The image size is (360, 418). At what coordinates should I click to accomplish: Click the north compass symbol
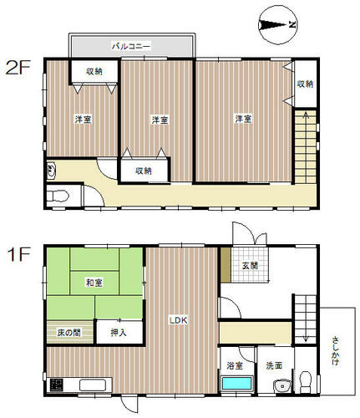coord(277,25)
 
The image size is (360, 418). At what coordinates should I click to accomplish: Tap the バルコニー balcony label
coord(131,46)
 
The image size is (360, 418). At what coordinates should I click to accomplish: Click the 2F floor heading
coord(18,68)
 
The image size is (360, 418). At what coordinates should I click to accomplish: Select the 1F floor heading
coord(18,254)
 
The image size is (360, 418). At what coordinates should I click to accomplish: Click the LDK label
coord(179,320)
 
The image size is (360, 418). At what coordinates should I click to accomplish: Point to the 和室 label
coord(94,283)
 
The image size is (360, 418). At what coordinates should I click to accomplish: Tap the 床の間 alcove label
coord(69,333)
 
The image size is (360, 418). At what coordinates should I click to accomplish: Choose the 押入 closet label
coord(119,332)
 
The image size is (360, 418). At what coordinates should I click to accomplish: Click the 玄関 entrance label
coord(250,265)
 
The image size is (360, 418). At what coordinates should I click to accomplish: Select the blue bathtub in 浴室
coord(237,384)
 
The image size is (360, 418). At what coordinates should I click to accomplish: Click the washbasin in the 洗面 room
coord(282,385)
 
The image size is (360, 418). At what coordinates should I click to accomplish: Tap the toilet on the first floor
coord(306,381)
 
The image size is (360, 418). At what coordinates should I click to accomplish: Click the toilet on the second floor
coord(58,196)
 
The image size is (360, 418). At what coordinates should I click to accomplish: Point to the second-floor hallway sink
coord(51,170)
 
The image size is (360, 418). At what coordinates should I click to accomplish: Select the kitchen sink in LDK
coord(93,385)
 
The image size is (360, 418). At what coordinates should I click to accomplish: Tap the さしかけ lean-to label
coord(336,351)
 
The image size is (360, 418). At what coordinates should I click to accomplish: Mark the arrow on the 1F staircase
coord(306,319)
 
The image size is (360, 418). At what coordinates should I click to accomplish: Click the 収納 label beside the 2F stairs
coord(306,84)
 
